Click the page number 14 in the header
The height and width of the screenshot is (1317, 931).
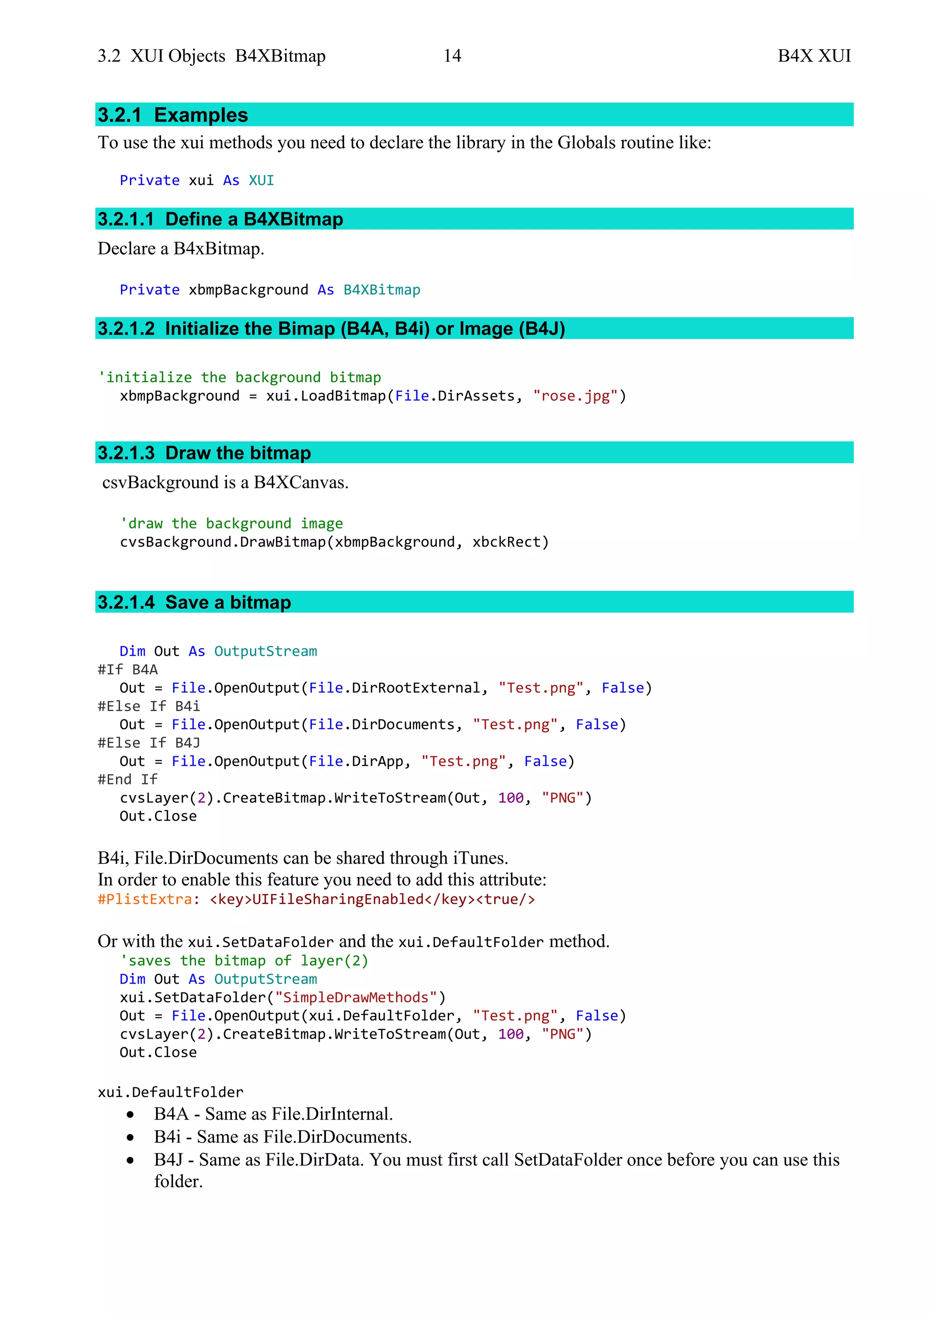pos(452,55)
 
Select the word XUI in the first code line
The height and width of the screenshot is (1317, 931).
pos(261,181)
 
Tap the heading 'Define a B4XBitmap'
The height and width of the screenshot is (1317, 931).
pos(254,219)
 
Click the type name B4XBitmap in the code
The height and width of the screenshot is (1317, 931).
pos(382,290)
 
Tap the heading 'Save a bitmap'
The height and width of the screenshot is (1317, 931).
pos(228,602)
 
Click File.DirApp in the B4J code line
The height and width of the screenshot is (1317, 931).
pos(356,762)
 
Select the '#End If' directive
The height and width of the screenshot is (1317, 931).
pos(128,780)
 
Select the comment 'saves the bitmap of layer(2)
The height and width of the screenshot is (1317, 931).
pos(244,961)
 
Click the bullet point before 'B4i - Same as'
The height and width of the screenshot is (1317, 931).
pos(131,1137)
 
